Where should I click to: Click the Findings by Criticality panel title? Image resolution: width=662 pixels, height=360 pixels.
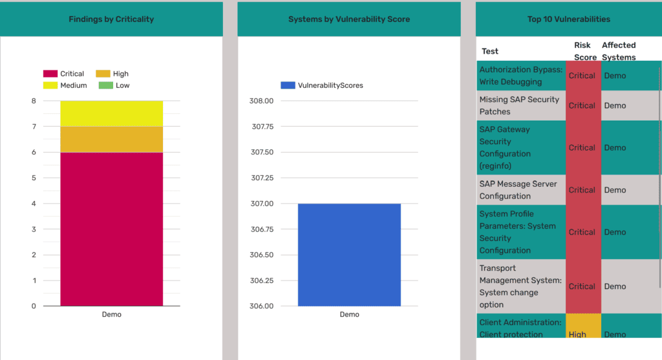coord(111,19)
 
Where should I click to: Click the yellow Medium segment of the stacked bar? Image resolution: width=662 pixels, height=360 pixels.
coord(111,114)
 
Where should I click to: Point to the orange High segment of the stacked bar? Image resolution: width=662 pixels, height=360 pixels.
coord(111,140)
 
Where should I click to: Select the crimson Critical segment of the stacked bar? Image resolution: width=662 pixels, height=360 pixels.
coord(111,229)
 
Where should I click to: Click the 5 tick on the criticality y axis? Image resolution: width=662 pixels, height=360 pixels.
coord(33,178)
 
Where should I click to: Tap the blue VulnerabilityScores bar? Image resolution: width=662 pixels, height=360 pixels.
coord(349,255)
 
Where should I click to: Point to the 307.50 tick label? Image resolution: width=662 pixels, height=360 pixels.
coord(262,153)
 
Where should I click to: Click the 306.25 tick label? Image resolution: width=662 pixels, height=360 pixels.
coord(262,281)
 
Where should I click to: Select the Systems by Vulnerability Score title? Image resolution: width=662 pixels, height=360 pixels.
coord(349,19)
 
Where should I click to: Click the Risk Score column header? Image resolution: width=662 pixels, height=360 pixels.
coord(585,51)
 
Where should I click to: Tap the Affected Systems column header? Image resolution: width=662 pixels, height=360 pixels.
coord(619,51)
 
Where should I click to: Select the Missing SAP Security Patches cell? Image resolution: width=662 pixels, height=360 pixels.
coord(519,105)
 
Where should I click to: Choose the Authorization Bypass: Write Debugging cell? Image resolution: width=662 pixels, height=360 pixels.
coord(520,76)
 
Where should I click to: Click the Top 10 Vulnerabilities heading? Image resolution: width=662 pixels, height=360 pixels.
coord(568,19)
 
